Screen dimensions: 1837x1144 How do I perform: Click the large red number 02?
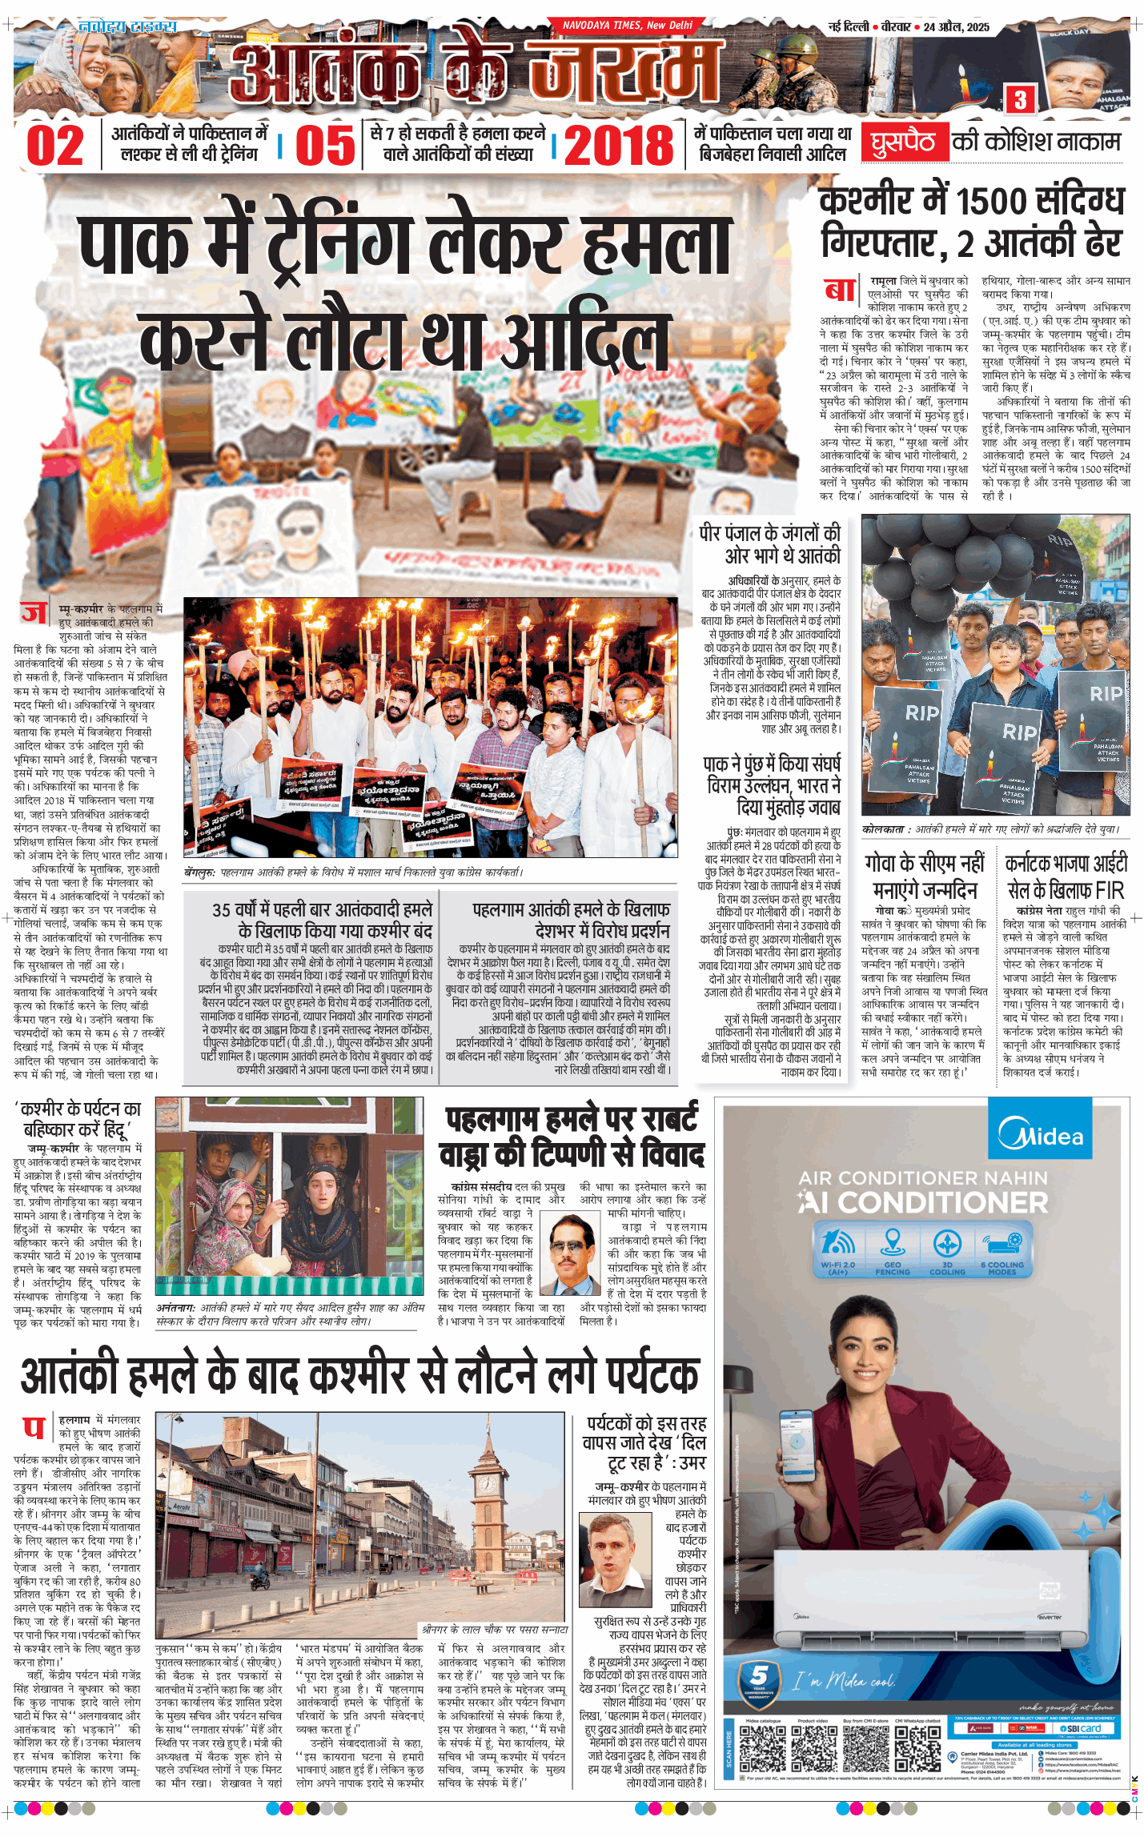(x=54, y=146)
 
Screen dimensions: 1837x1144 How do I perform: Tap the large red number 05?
(x=325, y=146)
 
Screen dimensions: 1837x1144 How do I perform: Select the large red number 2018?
(x=619, y=146)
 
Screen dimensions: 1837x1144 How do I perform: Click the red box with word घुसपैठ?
(x=903, y=142)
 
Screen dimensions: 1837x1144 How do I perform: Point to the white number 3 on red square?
(x=1020, y=100)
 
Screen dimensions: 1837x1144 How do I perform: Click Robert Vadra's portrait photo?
(x=570, y=1254)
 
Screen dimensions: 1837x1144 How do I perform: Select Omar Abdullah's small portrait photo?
(x=616, y=1560)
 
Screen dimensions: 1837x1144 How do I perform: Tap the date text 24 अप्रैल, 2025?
(x=956, y=27)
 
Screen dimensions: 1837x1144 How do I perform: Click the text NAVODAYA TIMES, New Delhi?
(x=627, y=26)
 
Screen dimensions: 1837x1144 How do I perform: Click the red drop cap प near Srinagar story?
(x=34, y=1427)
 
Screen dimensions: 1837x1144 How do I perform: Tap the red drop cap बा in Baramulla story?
(x=841, y=289)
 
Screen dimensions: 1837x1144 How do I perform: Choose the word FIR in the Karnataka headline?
(x=1110, y=890)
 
